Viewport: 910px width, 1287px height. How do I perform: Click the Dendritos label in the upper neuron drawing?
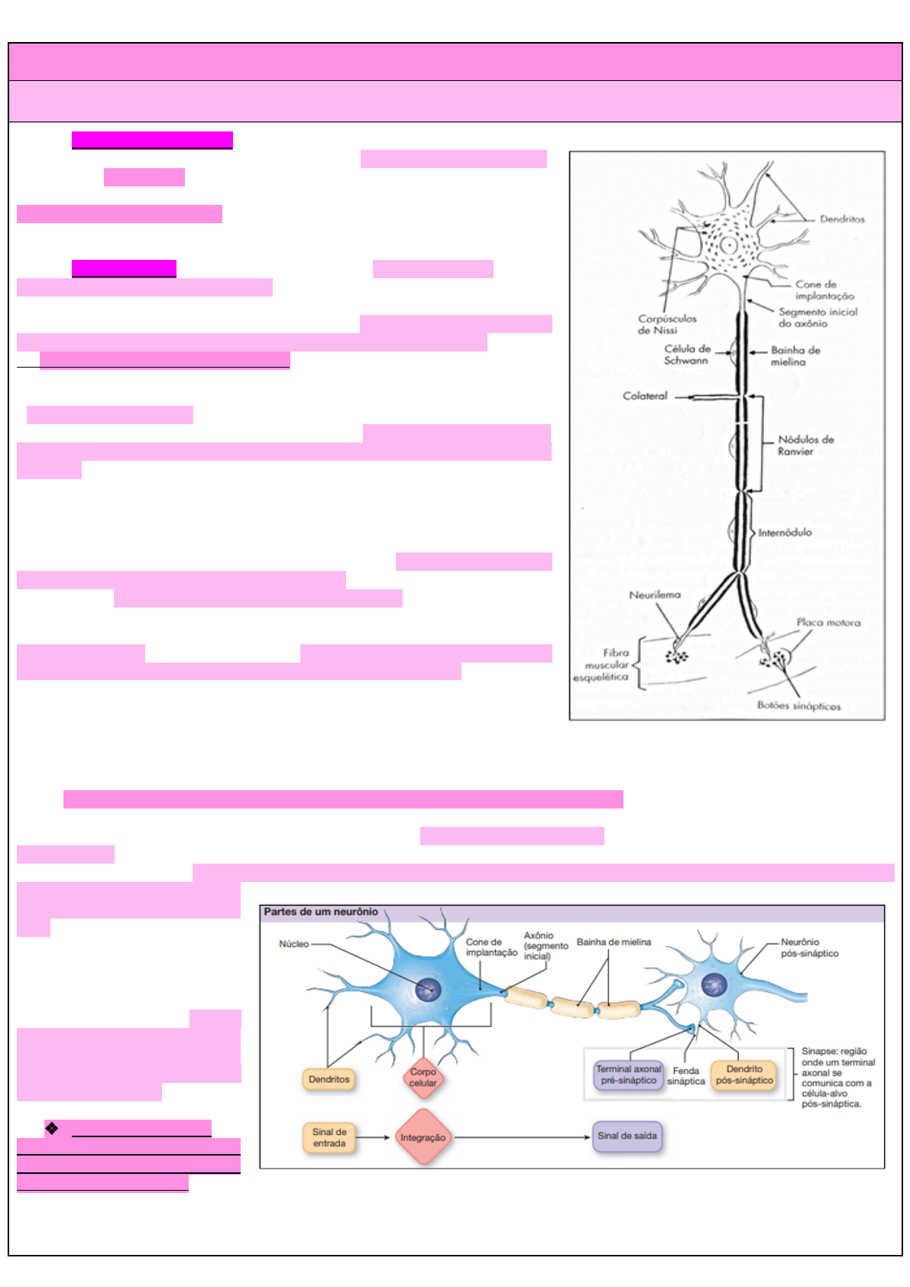tap(842, 219)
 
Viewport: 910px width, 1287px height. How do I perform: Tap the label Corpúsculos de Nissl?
tap(666, 324)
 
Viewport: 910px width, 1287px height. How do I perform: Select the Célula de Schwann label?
tap(686, 355)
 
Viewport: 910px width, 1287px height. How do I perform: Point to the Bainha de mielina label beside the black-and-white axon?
tap(795, 356)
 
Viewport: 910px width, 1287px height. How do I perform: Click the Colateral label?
tap(645, 396)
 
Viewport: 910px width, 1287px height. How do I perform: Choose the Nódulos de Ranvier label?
tap(805, 446)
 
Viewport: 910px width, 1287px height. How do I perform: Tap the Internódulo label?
tap(785, 533)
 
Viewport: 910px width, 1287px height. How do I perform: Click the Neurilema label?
tap(655, 595)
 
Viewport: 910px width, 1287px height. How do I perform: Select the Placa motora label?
tap(828, 623)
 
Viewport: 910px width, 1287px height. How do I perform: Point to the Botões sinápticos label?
tap(798, 706)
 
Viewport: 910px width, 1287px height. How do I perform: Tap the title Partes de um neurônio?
tap(321, 912)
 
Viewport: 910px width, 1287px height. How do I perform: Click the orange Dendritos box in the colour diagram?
tap(329, 1079)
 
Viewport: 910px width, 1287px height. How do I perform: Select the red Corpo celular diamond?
tap(423, 1078)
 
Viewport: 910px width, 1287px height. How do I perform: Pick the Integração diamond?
tap(423, 1137)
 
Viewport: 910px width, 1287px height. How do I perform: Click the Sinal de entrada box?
tap(329, 1137)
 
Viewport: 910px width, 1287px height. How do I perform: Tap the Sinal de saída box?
tap(627, 1136)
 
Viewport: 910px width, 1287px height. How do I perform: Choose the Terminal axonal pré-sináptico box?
tap(628, 1075)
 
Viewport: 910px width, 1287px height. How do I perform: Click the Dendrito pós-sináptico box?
tap(744, 1075)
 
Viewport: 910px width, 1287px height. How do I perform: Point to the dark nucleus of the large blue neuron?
tap(429, 990)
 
